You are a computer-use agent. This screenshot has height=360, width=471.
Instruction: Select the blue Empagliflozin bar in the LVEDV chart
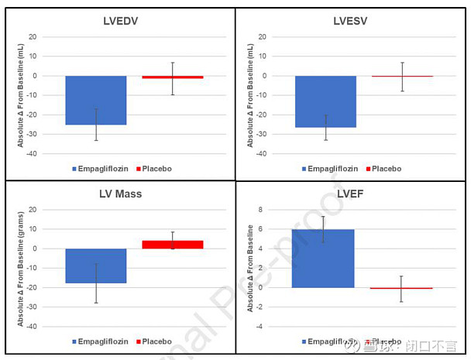point(95,100)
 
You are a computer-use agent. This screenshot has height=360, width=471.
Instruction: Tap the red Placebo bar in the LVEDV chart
point(172,77)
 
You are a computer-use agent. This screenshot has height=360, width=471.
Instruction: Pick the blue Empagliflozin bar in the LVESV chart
point(325,101)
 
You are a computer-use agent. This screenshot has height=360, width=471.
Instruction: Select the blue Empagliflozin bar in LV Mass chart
point(95,266)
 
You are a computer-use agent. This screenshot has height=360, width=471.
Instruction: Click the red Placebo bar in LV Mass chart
point(172,245)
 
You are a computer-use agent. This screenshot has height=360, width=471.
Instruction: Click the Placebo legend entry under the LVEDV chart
point(154,169)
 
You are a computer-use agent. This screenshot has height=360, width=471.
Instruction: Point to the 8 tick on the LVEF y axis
point(261,210)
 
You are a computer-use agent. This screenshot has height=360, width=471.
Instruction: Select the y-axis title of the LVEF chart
point(249,268)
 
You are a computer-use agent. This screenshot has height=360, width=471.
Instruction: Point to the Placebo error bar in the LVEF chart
point(401,288)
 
